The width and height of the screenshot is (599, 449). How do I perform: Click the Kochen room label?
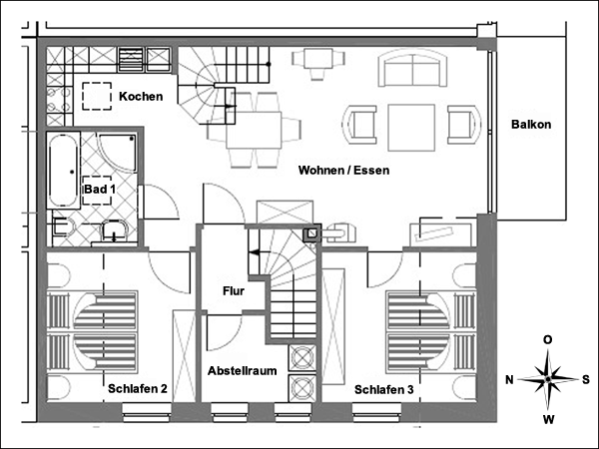141,96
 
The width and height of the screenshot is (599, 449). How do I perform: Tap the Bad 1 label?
100,189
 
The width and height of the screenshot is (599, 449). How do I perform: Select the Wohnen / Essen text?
343,171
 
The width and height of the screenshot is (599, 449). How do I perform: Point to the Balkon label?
531,125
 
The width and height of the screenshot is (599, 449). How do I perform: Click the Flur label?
234,291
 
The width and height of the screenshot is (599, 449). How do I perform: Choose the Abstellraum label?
243,371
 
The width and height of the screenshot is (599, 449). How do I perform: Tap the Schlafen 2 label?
138,389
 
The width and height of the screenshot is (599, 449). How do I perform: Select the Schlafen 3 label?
384,390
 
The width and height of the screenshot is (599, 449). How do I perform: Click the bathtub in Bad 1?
63,171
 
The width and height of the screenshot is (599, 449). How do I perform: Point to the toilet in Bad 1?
62,226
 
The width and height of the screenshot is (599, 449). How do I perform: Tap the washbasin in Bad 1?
114,232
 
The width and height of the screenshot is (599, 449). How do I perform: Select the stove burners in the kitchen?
59,100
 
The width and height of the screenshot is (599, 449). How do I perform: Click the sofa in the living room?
412,68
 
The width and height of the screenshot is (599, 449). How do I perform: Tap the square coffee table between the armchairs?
411,128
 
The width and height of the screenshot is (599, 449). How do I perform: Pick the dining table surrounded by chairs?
254,130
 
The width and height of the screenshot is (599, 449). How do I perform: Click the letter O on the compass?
548,340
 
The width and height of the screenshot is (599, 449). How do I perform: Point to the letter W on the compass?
548,420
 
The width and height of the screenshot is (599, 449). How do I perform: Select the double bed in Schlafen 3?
431,332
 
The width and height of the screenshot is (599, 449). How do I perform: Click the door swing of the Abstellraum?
225,332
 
